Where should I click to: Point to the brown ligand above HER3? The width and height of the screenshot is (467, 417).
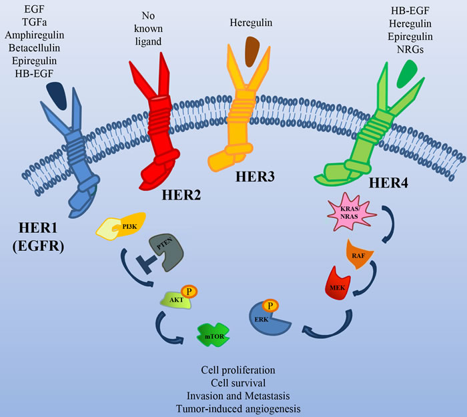(x=253, y=50)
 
